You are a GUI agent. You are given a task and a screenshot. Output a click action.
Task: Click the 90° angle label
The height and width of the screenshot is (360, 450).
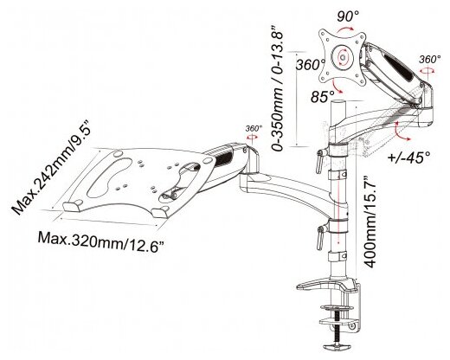point(348,16)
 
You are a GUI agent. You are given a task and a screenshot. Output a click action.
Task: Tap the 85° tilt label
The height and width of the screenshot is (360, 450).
point(323,96)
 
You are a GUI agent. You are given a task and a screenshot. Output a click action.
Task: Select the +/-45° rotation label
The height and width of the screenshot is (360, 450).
point(409,157)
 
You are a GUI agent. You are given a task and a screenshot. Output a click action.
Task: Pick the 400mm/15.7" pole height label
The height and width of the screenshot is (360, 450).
point(370,222)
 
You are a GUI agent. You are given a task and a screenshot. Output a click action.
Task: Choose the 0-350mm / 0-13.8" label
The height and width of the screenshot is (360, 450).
point(278,88)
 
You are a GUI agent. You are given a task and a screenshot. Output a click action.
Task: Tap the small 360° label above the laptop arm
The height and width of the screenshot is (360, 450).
point(254,128)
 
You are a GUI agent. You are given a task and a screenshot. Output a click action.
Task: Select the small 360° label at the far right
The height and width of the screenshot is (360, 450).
point(430,59)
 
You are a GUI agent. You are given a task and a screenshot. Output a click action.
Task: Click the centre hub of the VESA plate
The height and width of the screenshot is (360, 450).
point(343,57)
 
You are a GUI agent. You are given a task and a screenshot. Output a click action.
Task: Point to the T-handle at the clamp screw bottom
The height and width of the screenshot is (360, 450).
point(337,345)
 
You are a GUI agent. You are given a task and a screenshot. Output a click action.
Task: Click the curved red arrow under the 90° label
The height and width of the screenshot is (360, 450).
point(344,29)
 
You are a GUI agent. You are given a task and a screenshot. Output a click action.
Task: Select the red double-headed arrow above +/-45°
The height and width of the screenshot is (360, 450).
point(401,132)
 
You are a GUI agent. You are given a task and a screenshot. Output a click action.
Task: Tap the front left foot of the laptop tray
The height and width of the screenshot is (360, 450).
point(72,207)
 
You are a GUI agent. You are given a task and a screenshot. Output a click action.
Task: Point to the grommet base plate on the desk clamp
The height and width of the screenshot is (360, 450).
point(326,285)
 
